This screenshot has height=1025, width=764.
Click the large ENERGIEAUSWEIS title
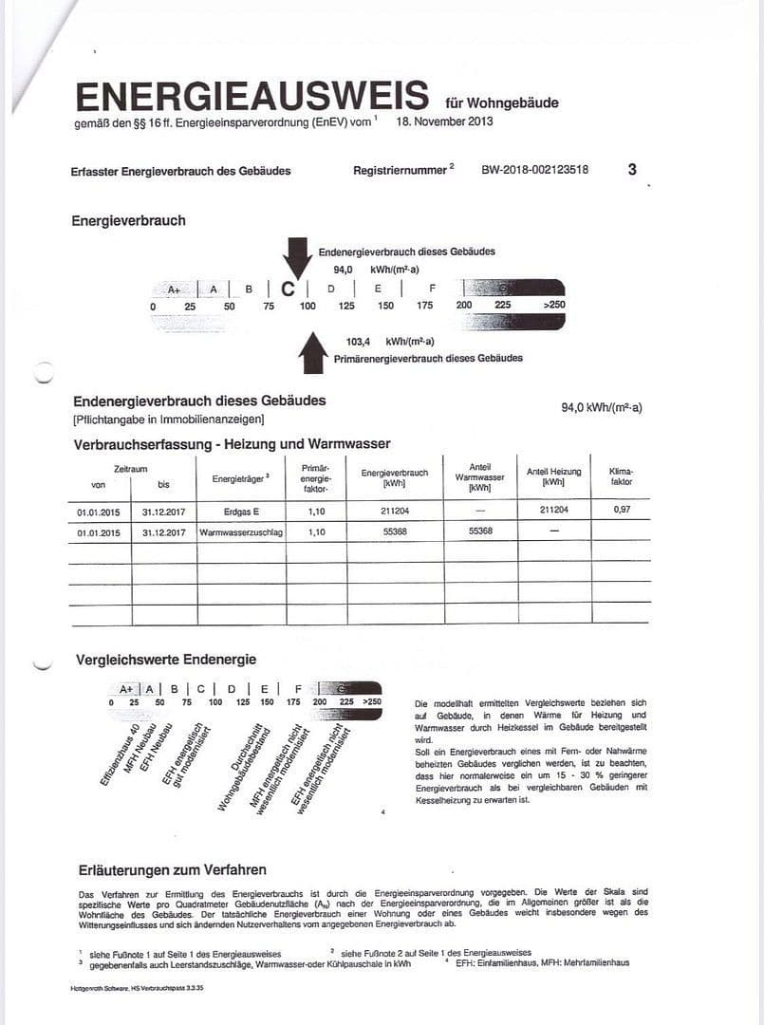(252, 96)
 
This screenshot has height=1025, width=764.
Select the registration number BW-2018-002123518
(534, 171)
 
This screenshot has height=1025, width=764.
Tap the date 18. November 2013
(445, 121)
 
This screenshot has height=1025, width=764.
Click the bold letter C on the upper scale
(288, 289)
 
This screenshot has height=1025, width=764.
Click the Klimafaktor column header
(622, 476)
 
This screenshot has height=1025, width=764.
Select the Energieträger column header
(240, 478)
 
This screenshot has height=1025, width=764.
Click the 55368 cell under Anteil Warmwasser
(480, 532)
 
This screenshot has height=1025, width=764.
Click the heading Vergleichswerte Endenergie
(166, 660)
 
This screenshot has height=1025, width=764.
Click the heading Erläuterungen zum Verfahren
(172, 869)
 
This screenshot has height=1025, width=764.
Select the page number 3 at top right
(632, 170)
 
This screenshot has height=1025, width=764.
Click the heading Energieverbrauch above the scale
(128, 221)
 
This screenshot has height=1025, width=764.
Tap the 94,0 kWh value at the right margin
(602, 408)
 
